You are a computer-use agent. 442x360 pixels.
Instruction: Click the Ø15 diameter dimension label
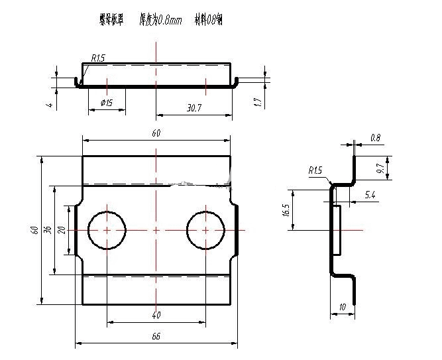(x=106, y=103)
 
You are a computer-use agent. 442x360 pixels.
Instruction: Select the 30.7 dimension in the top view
(x=194, y=107)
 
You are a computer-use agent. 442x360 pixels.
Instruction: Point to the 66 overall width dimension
(x=156, y=336)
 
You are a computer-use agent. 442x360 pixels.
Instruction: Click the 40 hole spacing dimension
(x=156, y=315)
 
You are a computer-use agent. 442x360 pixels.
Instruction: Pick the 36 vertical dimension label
(x=47, y=229)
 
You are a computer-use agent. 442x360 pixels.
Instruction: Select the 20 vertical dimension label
(x=62, y=229)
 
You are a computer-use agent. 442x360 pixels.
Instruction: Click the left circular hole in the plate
(x=106, y=230)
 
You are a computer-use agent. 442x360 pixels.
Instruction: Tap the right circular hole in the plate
(x=206, y=230)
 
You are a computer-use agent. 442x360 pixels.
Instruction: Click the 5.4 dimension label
(x=370, y=195)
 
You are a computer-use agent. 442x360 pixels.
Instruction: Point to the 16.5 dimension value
(x=286, y=210)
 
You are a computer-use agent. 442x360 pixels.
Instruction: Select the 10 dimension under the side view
(x=343, y=307)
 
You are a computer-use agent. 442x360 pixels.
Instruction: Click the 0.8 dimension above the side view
(x=375, y=138)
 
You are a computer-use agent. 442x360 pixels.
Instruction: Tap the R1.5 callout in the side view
(x=315, y=170)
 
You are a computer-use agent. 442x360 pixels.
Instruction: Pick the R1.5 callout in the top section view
(x=97, y=59)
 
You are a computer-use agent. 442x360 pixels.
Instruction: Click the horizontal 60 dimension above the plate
(x=156, y=133)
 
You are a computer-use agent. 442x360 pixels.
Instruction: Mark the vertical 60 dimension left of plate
(x=34, y=229)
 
